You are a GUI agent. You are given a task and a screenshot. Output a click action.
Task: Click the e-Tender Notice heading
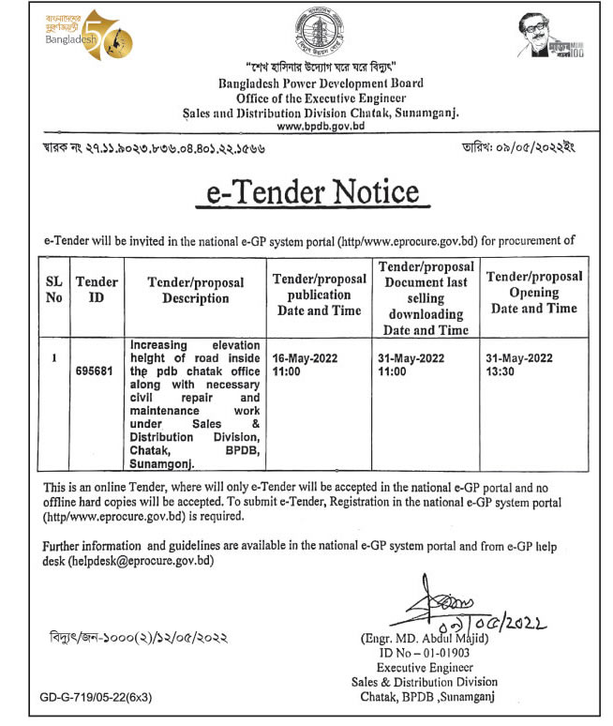click(x=314, y=192)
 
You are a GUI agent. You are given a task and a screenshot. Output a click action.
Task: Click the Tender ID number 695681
click(x=97, y=369)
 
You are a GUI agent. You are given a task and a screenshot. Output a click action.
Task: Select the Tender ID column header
click(x=97, y=290)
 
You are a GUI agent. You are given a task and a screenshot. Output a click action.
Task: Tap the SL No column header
click(x=53, y=290)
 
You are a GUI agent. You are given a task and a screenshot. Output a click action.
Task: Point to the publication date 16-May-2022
click(x=304, y=358)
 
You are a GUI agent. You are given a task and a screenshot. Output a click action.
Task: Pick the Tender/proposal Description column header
click(x=195, y=290)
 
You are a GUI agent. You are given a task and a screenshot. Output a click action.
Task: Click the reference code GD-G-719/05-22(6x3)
click(x=96, y=699)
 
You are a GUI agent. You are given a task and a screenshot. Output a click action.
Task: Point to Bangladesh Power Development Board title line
click(x=321, y=83)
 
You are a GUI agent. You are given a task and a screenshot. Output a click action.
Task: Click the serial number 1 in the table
click(x=54, y=357)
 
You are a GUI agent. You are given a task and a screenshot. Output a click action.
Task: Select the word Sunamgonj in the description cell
click(x=161, y=463)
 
